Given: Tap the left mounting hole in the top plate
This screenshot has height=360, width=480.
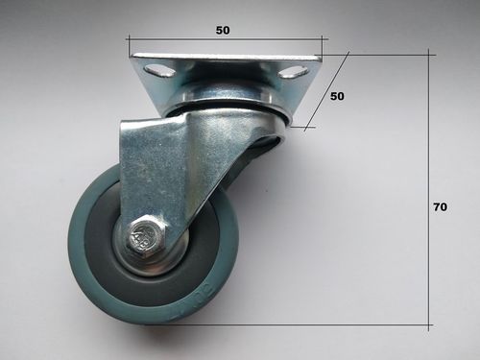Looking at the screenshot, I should (159, 70).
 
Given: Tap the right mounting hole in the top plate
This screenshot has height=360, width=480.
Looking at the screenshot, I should (294, 72).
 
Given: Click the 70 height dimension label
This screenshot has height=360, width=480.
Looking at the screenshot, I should (441, 206).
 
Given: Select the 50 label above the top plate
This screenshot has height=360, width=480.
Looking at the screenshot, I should (223, 30).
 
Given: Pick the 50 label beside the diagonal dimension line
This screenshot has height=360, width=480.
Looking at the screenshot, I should (337, 96).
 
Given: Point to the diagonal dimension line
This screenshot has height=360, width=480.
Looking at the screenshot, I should (326, 90).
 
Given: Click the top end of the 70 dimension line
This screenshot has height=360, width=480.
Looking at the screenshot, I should (429, 55).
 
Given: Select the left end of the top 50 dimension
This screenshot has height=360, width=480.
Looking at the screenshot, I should (129, 40).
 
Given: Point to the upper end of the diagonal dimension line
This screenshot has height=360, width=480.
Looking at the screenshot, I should (347, 54).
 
